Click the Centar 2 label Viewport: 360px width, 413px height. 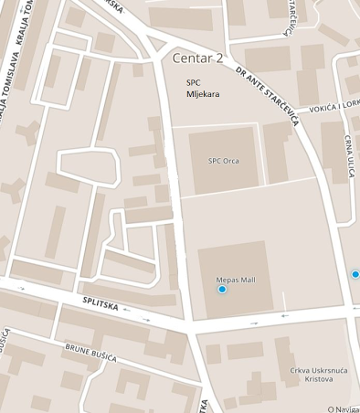[x=197, y=58]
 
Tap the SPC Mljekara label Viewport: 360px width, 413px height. [x=202, y=88]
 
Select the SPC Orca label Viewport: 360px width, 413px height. [x=224, y=161]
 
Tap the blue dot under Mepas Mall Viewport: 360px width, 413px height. [x=222, y=290]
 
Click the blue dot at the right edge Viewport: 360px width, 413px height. [x=355, y=273]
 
